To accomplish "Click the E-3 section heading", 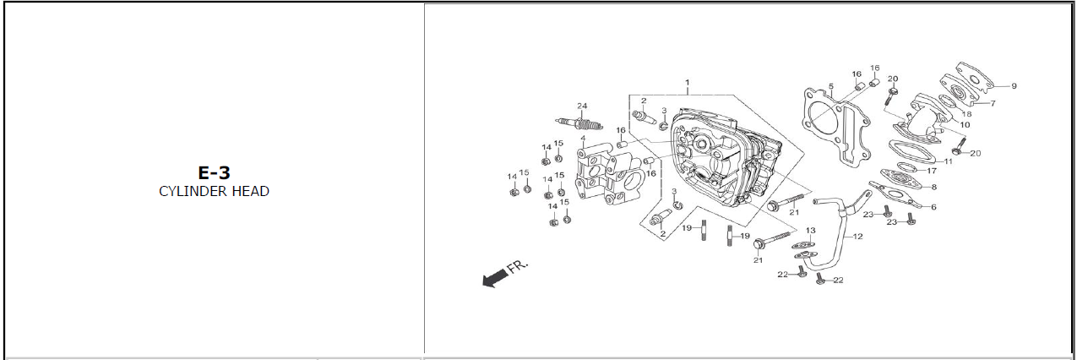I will tap(214, 172).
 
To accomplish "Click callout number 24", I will tap(581, 106).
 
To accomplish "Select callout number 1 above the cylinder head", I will tap(688, 83).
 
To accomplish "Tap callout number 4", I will tap(583, 138).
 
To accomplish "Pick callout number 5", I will tap(830, 86).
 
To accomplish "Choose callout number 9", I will tap(1014, 85).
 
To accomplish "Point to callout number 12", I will tap(857, 237).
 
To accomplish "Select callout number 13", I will tap(810, 231).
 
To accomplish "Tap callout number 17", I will tap(932, 171).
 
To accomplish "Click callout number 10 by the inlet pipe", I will tap(965, 124).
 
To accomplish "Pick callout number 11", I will tap(948, 161).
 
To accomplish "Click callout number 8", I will tap(933, 187).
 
